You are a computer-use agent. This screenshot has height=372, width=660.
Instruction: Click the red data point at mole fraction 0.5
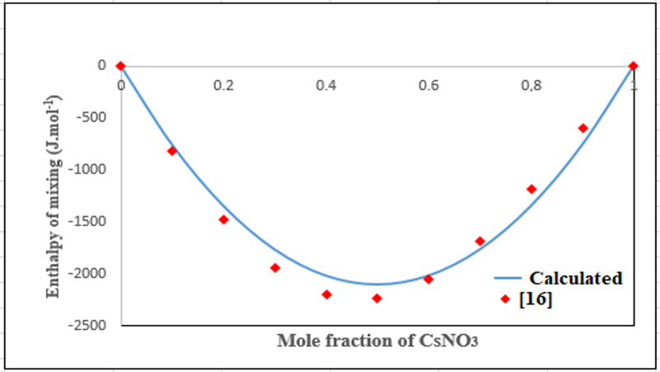coord(377,299)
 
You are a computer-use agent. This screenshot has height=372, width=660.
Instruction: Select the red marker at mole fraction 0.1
coord(172,151)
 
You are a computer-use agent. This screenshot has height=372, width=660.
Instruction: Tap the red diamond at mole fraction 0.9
coord(583,128)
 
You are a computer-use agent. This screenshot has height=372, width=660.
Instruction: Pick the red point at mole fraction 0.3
coord(275,268)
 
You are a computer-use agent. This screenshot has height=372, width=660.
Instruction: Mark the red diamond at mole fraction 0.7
coord(480,241)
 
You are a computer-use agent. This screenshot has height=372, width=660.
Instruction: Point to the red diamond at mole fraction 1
coord(634,66)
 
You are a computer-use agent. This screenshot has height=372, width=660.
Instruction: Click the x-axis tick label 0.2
coord(223,85)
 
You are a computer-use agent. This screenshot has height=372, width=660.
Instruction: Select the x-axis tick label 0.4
coord(326,85)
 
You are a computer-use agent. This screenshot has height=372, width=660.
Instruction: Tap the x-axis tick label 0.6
coord(428,85)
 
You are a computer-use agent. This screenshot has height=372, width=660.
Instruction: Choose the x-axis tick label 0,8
coord(531,85)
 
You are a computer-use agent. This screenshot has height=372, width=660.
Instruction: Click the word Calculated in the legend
coord(575,278)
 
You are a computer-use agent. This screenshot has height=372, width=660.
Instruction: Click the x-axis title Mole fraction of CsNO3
coord(377,341)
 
